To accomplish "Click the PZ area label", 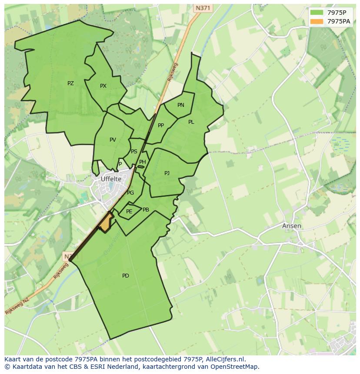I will [x=70, y=83].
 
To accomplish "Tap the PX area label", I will [x=103, y=86].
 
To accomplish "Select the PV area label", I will [x=113, y=140].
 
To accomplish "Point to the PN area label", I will [x=181, y=105].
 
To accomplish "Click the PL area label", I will [x=191, y=122].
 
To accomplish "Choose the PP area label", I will [x=161, y=126].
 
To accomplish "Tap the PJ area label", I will [x=167, y=173].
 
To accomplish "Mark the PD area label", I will [x=126, y=276].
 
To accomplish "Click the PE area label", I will [x=129, y=212].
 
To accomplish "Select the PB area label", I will [x=146, y=210].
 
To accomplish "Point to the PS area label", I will [x=134, y=152].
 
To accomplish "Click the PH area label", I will [x=142, y=162].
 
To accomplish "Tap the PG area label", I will [x=130, y=193].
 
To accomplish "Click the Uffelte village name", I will [x=111, y=179].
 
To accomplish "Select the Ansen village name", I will [x=291, y=226].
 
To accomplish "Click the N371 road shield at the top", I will [x=202, y=8].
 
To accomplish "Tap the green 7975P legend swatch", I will [x=317, y=13].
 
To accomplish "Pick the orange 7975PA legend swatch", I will [x=317, y=21].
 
